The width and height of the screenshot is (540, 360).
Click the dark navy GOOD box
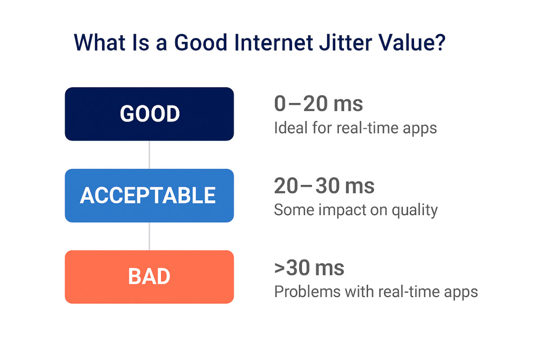point(149,114)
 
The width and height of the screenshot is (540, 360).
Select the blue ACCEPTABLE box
point(149,195)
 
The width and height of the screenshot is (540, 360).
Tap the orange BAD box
point(149,277)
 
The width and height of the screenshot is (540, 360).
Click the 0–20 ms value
point(318,104)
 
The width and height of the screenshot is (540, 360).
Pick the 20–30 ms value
point(324,186)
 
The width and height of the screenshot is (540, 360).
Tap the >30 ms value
point(309,268)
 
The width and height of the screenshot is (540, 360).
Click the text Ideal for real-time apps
point(355,128)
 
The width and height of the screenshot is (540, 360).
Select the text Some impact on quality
point(355,210)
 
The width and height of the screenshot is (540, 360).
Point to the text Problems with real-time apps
point(376,292)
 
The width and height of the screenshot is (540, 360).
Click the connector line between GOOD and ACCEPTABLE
point(149,155)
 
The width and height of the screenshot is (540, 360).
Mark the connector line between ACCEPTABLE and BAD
point(149,236)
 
